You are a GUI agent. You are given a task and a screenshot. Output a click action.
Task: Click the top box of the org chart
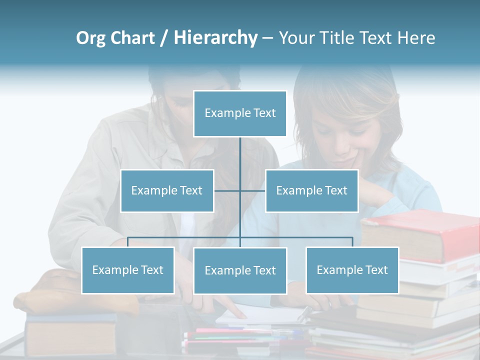coord(240,113)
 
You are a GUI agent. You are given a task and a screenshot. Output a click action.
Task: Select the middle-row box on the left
coord(167,190)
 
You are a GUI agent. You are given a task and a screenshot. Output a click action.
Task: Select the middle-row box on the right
coord(311,190)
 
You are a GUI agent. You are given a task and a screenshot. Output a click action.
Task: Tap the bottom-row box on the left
coord(128,270)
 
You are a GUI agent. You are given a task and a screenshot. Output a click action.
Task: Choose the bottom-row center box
coord(240,270)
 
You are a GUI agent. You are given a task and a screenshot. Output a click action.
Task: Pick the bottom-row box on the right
coord(352,270)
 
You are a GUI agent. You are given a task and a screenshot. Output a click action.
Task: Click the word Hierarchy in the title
coord(215,38)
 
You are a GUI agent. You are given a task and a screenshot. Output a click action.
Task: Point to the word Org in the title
coord(90,38)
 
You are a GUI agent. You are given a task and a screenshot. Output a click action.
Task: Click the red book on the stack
coord(420,235)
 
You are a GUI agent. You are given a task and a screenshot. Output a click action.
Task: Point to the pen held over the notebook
coord(305,313)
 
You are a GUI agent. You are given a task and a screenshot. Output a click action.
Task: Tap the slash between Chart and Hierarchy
coord(164,39)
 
